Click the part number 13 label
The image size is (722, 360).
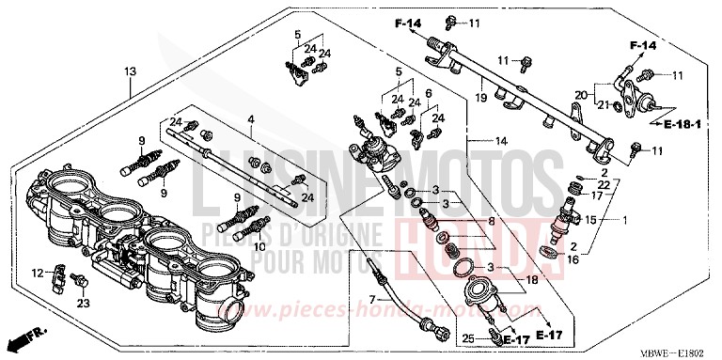coord(130,71)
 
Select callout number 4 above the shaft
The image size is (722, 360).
coord(251,118)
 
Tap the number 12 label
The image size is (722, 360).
coord(38,273)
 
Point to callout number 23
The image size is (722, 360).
coord(82,303)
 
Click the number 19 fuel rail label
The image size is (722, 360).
coord(479,96)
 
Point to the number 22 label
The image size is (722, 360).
coord(602,185)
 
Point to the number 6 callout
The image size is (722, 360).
coord(429,94)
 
